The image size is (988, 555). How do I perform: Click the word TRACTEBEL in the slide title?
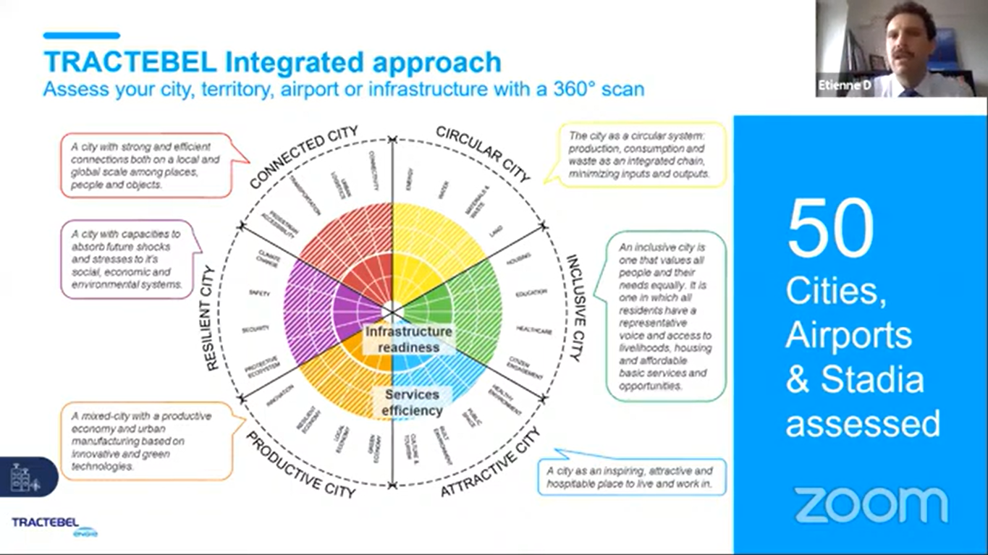pyautogui.click(x=130, y=62)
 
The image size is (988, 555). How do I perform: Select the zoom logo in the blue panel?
pyautogui.click(x=871, y=504)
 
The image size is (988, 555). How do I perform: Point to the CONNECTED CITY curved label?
pyautogui.click(x=303, y=157)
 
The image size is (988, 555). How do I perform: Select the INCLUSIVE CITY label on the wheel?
pyautogui.click(x=576, y=307)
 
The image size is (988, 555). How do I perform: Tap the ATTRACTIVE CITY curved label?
pyautogui.click(x=491, y=463)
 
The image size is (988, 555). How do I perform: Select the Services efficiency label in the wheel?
pyautogui.click(x=412, y=402)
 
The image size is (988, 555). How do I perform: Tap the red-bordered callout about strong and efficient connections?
pyautogui.click(x=145, y=166)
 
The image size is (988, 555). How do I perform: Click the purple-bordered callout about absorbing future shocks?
pyautogui.click(x=127, y=260)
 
